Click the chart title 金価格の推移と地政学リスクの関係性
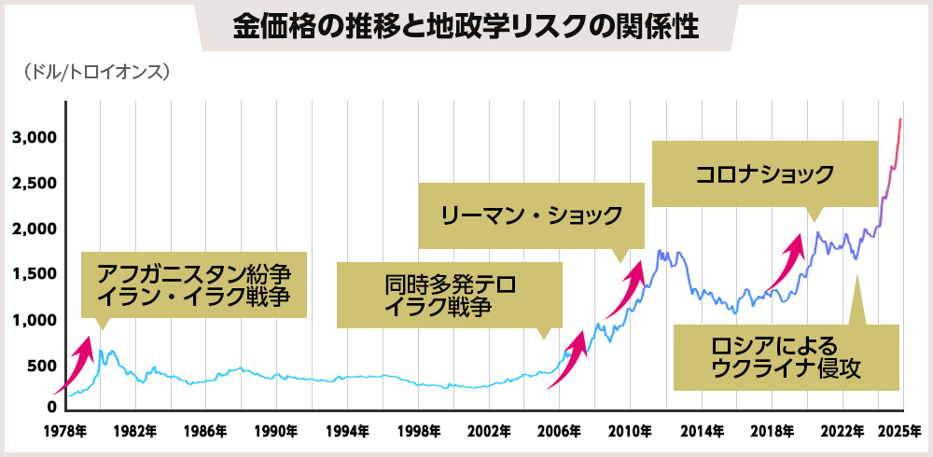(x=466, y=25)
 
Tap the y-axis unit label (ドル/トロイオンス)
(x=91, y=71)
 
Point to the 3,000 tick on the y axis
(x=34, y=138)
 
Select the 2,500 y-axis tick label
(x=34, y=184)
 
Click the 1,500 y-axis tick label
(x=34, y=275)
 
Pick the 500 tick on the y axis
(x=41, y=367)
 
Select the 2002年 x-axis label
(x=488, y=432)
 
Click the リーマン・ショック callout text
(x=532, y=215)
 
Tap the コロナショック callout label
(x=764, y=173)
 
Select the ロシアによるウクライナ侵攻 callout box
(x=787, y=357)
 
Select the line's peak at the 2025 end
(x=899, y=119)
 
